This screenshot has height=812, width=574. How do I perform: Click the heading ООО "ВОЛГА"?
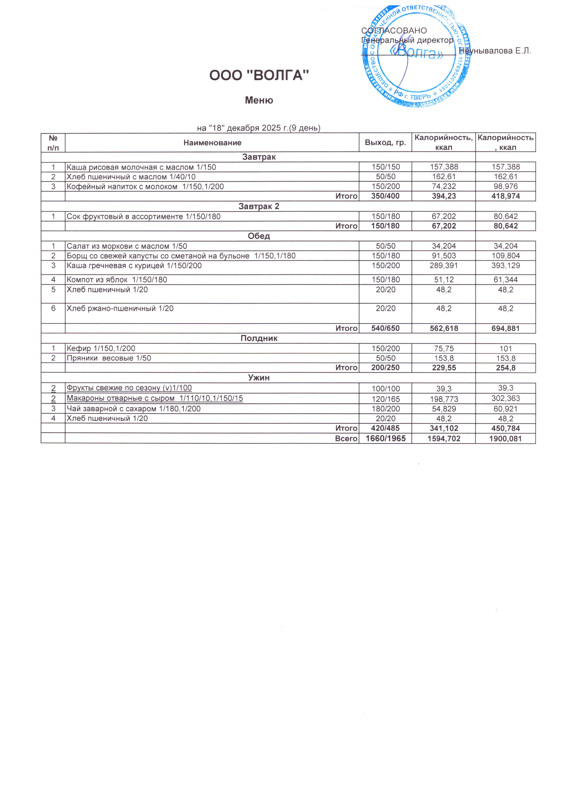click(259, 75)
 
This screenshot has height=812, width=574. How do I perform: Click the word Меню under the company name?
click(259, 100)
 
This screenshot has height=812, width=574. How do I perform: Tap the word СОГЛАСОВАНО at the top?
click(394, 31)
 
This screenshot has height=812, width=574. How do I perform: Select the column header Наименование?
click(212, 143)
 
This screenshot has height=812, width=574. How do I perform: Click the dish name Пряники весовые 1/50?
click(109, 358)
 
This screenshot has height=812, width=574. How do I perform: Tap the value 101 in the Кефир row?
click(506, 349)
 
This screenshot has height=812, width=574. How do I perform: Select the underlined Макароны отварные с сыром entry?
click(155, 398)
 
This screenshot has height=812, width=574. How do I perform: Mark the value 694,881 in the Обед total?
click(506, 329)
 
